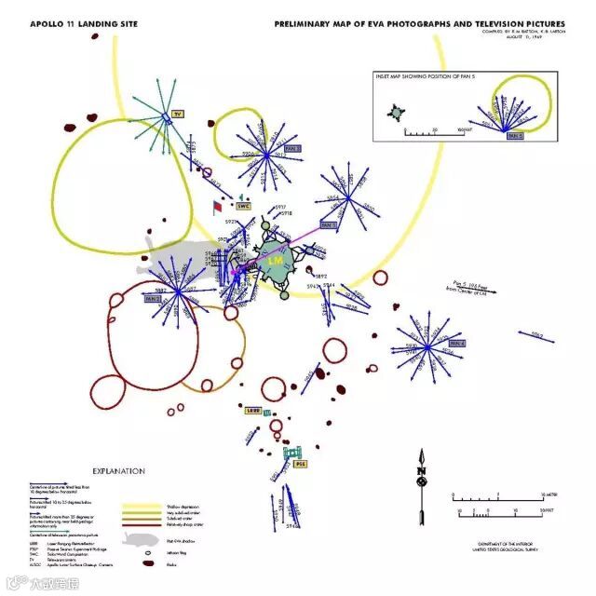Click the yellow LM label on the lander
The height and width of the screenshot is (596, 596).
tap(275, 262)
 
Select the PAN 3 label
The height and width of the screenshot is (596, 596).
tap(292, 148)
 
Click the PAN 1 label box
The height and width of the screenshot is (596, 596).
tap(328, 225)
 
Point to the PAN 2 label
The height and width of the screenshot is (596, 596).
tap(153, 300)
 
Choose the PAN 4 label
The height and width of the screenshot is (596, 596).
tap(456, 344)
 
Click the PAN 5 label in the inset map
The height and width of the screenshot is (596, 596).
tap(514, 135)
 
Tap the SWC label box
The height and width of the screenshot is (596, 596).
tap(244, 206)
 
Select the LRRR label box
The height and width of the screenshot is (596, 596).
tap(251, 410)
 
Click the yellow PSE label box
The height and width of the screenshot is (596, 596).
tap(300, 463)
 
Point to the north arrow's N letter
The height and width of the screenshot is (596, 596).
tap(421, 470)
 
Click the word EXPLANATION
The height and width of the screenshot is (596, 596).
tap(118, 471)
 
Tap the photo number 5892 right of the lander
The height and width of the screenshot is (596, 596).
tap(320, 277)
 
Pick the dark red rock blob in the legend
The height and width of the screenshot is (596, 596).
tap(146, 563)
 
